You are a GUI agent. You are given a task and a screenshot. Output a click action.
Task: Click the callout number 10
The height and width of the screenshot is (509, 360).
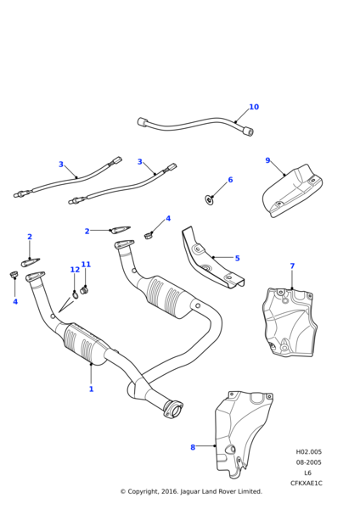(x=254, y=107)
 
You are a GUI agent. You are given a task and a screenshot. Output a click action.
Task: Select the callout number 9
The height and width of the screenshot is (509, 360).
(x=267, y=160)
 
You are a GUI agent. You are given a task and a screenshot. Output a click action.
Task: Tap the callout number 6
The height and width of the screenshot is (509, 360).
(x=230, y=180)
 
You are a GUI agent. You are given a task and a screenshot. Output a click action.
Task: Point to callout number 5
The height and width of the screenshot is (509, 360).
(x=237, y=258)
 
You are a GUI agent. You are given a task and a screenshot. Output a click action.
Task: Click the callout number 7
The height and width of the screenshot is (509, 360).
(x=292, y=266)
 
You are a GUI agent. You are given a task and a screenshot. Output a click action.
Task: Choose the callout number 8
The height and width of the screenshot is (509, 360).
(x=193, y=447)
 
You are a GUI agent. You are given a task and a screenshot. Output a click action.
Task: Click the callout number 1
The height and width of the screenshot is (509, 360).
(x=92, y=389)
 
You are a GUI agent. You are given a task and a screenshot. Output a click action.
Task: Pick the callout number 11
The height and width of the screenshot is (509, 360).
(x=86, y=264)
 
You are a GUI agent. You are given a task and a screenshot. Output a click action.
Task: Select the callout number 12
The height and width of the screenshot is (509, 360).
(x=75, y=270)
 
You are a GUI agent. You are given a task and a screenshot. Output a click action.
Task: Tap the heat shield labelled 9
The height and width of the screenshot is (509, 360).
(x=291, y=191)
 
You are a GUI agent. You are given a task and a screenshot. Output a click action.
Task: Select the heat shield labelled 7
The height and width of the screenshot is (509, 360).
(x=290, y=322)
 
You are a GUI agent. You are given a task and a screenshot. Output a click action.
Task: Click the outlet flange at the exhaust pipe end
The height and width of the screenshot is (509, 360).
(x=174, y=410)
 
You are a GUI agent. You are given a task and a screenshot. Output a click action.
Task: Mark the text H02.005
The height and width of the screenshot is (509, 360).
(x=309, y=451)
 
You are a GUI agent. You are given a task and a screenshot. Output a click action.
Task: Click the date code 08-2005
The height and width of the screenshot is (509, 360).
(x=309, y=462)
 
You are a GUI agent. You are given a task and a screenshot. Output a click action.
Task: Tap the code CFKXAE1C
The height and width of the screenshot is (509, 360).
(x=307, y=483)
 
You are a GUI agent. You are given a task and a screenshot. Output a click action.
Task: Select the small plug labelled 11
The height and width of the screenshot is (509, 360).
(x=84, y=289)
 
